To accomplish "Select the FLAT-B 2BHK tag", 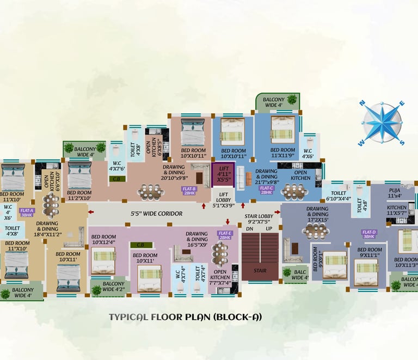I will [x=190, y=191].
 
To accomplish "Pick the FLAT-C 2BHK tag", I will [x=266, y=190].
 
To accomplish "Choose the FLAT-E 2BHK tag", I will [x=225, y=235].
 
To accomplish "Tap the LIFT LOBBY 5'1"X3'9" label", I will [x=223, y=198].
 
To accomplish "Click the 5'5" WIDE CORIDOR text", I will [x=156, y=213].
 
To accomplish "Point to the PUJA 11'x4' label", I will [x=395, y=192].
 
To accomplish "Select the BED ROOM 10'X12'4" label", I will [x=103, y=239].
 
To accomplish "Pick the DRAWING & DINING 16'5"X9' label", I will [x=196, y=239].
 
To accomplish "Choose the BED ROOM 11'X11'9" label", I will [x=282, y=153].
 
